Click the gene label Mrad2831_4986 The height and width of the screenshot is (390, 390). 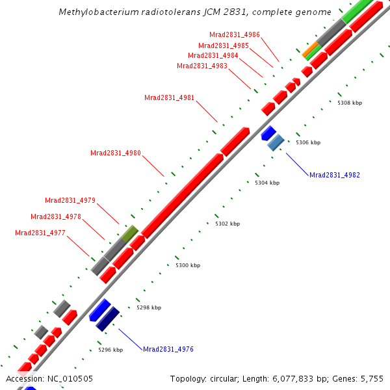[235, 35]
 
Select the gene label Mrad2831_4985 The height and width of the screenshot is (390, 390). [224, 45]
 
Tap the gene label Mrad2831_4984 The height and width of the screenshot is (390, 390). [213, 56]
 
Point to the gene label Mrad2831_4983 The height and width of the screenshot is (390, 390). [202, 66]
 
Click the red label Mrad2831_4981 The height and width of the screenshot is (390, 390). [169, 98]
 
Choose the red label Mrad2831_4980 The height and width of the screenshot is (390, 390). [116, 153]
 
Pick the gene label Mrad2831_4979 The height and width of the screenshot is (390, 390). [70, 200]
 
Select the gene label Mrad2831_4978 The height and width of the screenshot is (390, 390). [56, 217]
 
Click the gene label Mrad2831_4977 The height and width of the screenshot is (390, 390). [40, 233]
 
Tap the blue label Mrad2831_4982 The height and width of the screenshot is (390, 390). [335, 175]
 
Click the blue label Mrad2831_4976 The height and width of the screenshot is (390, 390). [168, 350]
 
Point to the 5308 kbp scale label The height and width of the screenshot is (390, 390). [350, 103]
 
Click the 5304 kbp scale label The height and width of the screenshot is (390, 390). [267, 183]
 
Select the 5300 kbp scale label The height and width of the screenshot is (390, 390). [188, 265]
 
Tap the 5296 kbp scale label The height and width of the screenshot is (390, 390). [110, 350]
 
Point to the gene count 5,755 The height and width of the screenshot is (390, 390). [372, 378]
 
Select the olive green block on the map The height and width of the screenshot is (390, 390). [130, 233]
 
